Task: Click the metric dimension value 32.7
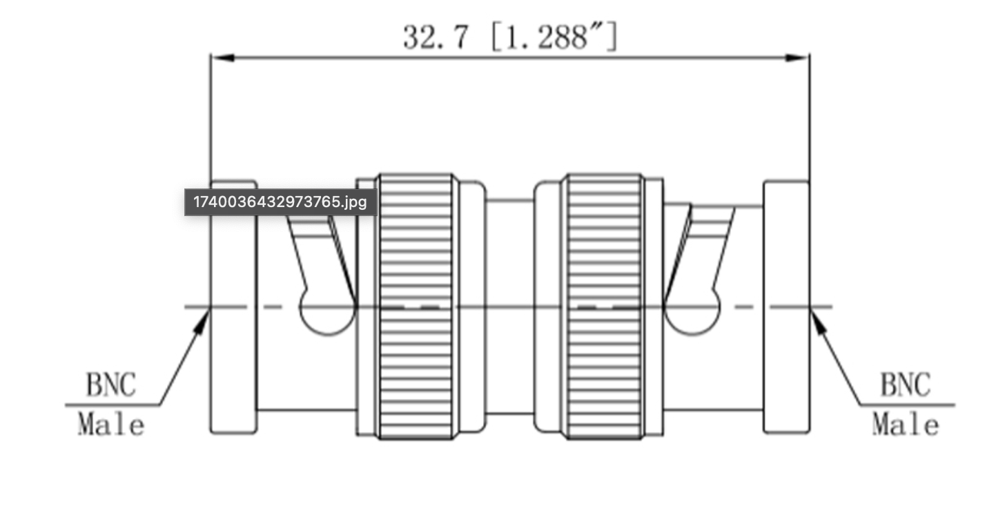point(436,37)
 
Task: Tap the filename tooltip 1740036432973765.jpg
point(280,202)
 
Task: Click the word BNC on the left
point(111,385)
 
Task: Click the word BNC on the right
point(906,385)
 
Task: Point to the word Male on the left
point(111,425)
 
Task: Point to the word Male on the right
point(906,425)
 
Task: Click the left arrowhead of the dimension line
point(222,58)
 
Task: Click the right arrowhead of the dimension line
point(798,58)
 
